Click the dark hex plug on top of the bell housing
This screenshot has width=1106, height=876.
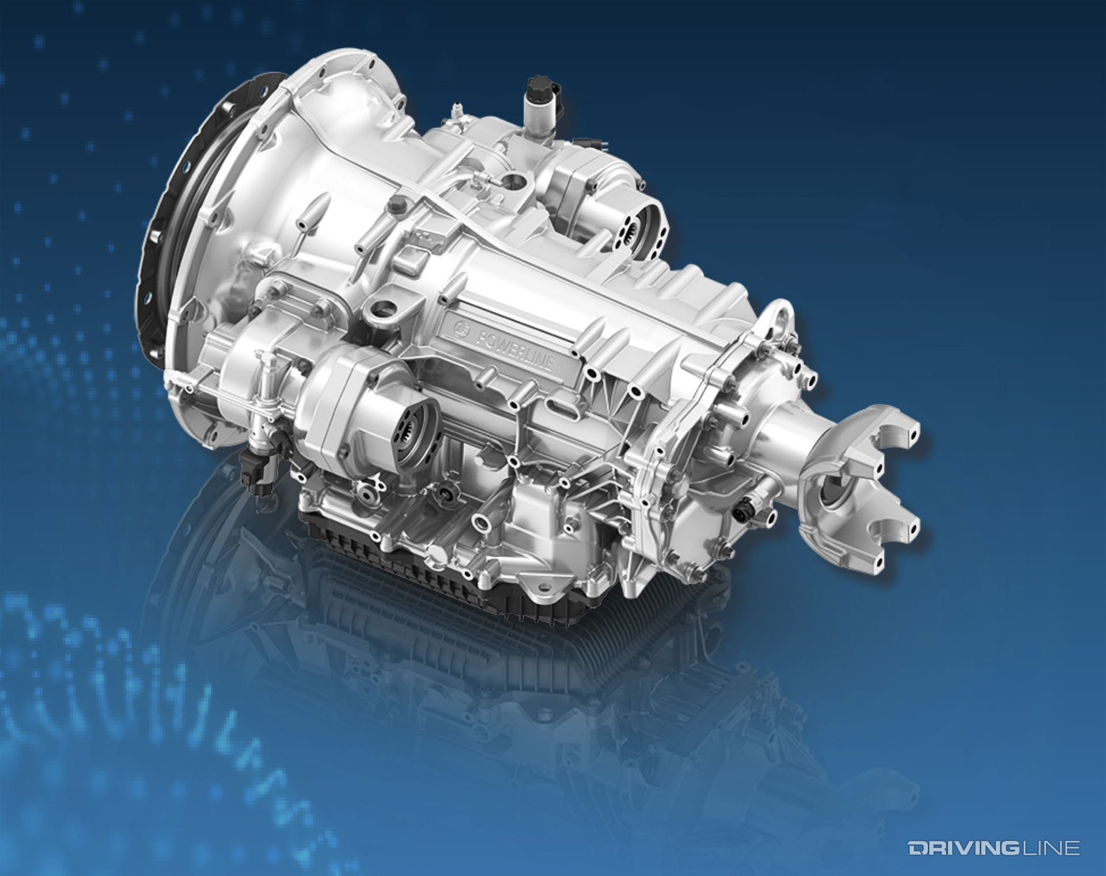tap(396, 204)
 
